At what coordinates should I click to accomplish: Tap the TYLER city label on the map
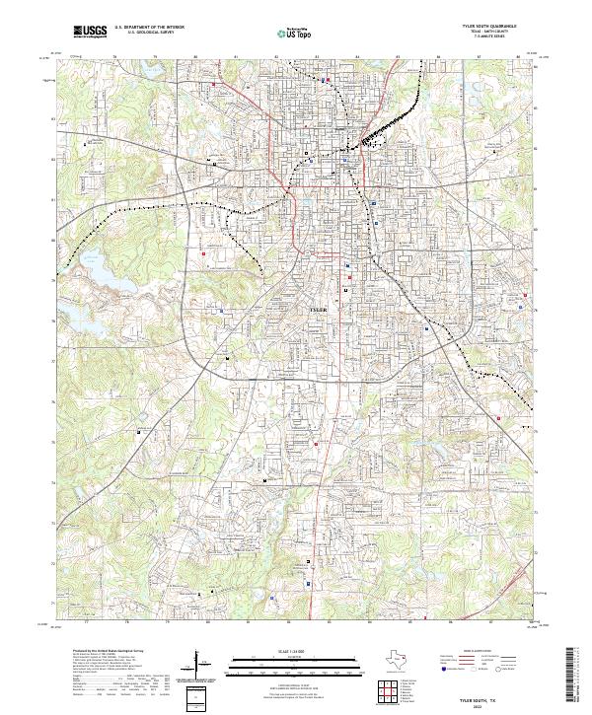[x=318, y=309]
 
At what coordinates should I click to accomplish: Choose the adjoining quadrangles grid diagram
[x=387, y=691]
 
